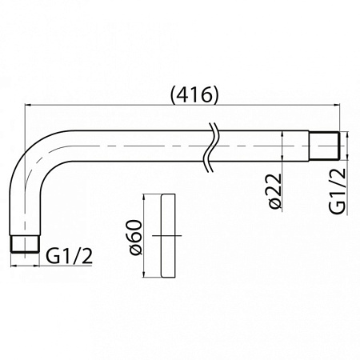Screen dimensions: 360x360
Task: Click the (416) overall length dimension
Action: [194, 94]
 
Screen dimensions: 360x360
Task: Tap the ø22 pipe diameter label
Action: [275, 191]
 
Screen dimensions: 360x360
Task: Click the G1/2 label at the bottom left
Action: [70, 256]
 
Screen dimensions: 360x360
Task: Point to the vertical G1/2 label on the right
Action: [338, 190]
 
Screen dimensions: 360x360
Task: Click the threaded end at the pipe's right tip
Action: [324, 146]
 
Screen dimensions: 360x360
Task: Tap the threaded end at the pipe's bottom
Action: [25, 244]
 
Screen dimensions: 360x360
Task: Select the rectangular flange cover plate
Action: [168, 236]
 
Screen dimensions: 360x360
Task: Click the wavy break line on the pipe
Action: [211, 147]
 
